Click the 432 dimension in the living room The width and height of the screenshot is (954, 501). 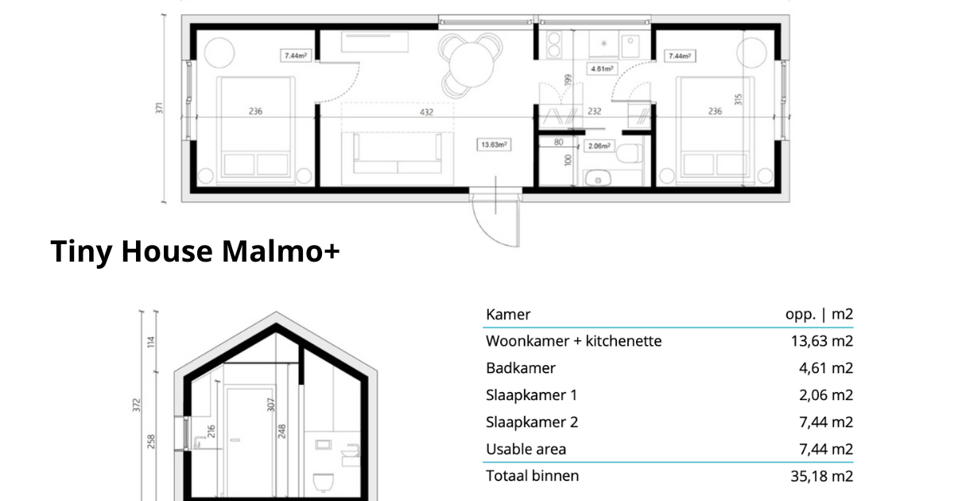[427, 112]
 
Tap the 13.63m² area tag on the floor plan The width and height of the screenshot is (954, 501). [494, 145]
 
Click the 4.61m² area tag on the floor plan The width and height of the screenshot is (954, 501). [602, 69]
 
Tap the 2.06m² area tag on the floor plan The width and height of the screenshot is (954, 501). [598, 146]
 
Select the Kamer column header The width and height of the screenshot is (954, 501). [508, 314]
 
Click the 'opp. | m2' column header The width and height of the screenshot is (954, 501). [819, 314]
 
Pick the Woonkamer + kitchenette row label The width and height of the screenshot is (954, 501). [573, 341]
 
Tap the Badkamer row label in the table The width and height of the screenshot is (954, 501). [521, 368]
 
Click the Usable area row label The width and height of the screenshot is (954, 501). [526, 449]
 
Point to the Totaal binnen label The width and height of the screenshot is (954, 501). [533, 476]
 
